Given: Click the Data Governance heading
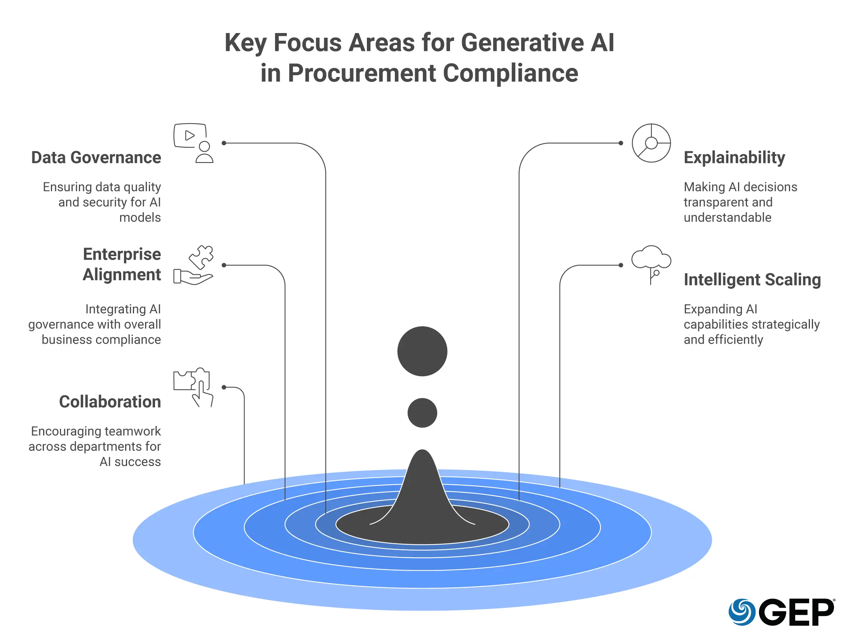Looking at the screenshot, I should click(x=96, y=158).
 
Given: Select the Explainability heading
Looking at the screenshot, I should click(x=734, y=158).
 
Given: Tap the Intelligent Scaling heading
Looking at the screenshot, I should click(x=752, y=280).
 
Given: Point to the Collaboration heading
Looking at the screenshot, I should click(x=110, y=402).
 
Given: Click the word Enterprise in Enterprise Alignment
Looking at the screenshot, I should click(x=122, y=255).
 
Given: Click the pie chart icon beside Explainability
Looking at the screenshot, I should click(x=651, y=143).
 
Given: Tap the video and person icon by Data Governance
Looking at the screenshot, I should click(x=193, y=143).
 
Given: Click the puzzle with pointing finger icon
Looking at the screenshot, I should click(x=193, y=387).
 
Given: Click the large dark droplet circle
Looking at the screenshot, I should click(x=422, y=351).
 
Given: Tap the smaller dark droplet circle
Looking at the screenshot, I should click(x=422, y=413).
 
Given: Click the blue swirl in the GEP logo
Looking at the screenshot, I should click(x=742, y=612).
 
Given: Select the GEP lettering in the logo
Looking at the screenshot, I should click(x=796, y=613).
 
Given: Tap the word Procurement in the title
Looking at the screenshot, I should click(x=361, y=73).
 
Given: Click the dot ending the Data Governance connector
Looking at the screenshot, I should click(x=224, y=143).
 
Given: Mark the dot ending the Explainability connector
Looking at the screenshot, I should click(x=621, y=143).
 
